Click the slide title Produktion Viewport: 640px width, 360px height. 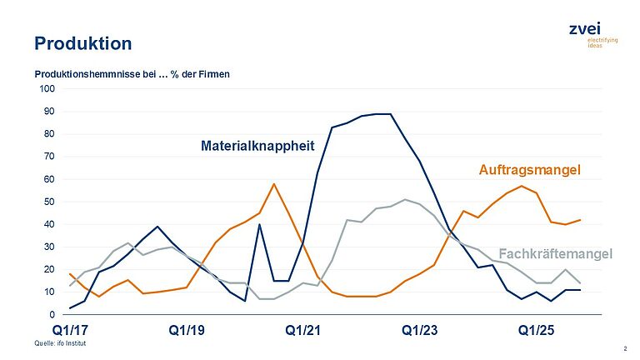[82, 43]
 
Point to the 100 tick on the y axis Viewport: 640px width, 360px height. [47, 88]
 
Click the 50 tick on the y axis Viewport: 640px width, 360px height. [49, 202]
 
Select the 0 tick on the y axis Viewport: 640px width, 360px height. [52, 315]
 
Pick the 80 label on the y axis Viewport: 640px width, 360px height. [49, 133]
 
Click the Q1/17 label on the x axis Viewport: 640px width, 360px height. [70, 331]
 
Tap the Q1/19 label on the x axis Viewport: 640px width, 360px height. [186, 331]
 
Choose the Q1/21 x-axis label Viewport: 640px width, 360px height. [302, 331]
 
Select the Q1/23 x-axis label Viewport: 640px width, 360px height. [419, 331]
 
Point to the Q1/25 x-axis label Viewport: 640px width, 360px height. [536, 331]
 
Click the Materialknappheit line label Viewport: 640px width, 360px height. [257, 146]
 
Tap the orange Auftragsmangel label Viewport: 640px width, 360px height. [528, 170]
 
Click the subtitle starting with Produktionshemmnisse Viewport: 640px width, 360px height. [132, 74]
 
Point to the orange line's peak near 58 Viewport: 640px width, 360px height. [273, 184]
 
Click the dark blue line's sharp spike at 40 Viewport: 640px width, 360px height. [259, 224]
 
